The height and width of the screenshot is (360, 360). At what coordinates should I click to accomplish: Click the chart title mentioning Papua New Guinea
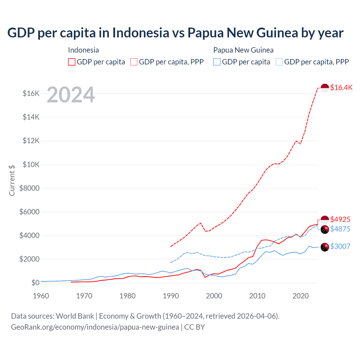point(175,33)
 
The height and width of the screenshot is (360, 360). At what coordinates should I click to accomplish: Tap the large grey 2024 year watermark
point(71,95)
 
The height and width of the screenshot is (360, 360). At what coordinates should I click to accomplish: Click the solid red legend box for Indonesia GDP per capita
point(72,62)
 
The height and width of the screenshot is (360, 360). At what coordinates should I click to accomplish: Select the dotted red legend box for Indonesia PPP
point(134,62)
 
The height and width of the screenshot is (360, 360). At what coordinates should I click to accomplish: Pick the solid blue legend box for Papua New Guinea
point(217,62)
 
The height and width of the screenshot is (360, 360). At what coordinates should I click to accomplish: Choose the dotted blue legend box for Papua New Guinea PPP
point(279,62)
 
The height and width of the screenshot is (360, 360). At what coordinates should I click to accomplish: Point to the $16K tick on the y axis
point(31,93)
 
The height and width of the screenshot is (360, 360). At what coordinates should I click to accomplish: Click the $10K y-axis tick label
point(31,165)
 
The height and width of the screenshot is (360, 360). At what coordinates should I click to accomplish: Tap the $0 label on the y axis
point(35,283)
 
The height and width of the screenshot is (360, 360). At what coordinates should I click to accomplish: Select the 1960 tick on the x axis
point(41,296)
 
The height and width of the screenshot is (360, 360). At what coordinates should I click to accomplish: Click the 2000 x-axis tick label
point(214,296)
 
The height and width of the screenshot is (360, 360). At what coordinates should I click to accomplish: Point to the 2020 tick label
point(301,296)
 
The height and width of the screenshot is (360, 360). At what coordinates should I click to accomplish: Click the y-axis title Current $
point(12,180)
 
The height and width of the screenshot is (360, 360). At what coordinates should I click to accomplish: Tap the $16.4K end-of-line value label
point(341,87)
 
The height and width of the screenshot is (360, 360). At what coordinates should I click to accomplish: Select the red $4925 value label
point(340,219)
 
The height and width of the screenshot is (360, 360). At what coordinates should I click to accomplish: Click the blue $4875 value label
point(340,229)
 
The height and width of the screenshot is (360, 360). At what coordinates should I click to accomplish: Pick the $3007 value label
point(340,246)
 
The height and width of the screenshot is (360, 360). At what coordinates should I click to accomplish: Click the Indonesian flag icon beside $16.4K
point(325,88)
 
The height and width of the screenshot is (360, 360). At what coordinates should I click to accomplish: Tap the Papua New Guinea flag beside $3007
point(325,247)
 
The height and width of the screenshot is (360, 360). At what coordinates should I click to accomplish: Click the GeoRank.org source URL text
point(95,327)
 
